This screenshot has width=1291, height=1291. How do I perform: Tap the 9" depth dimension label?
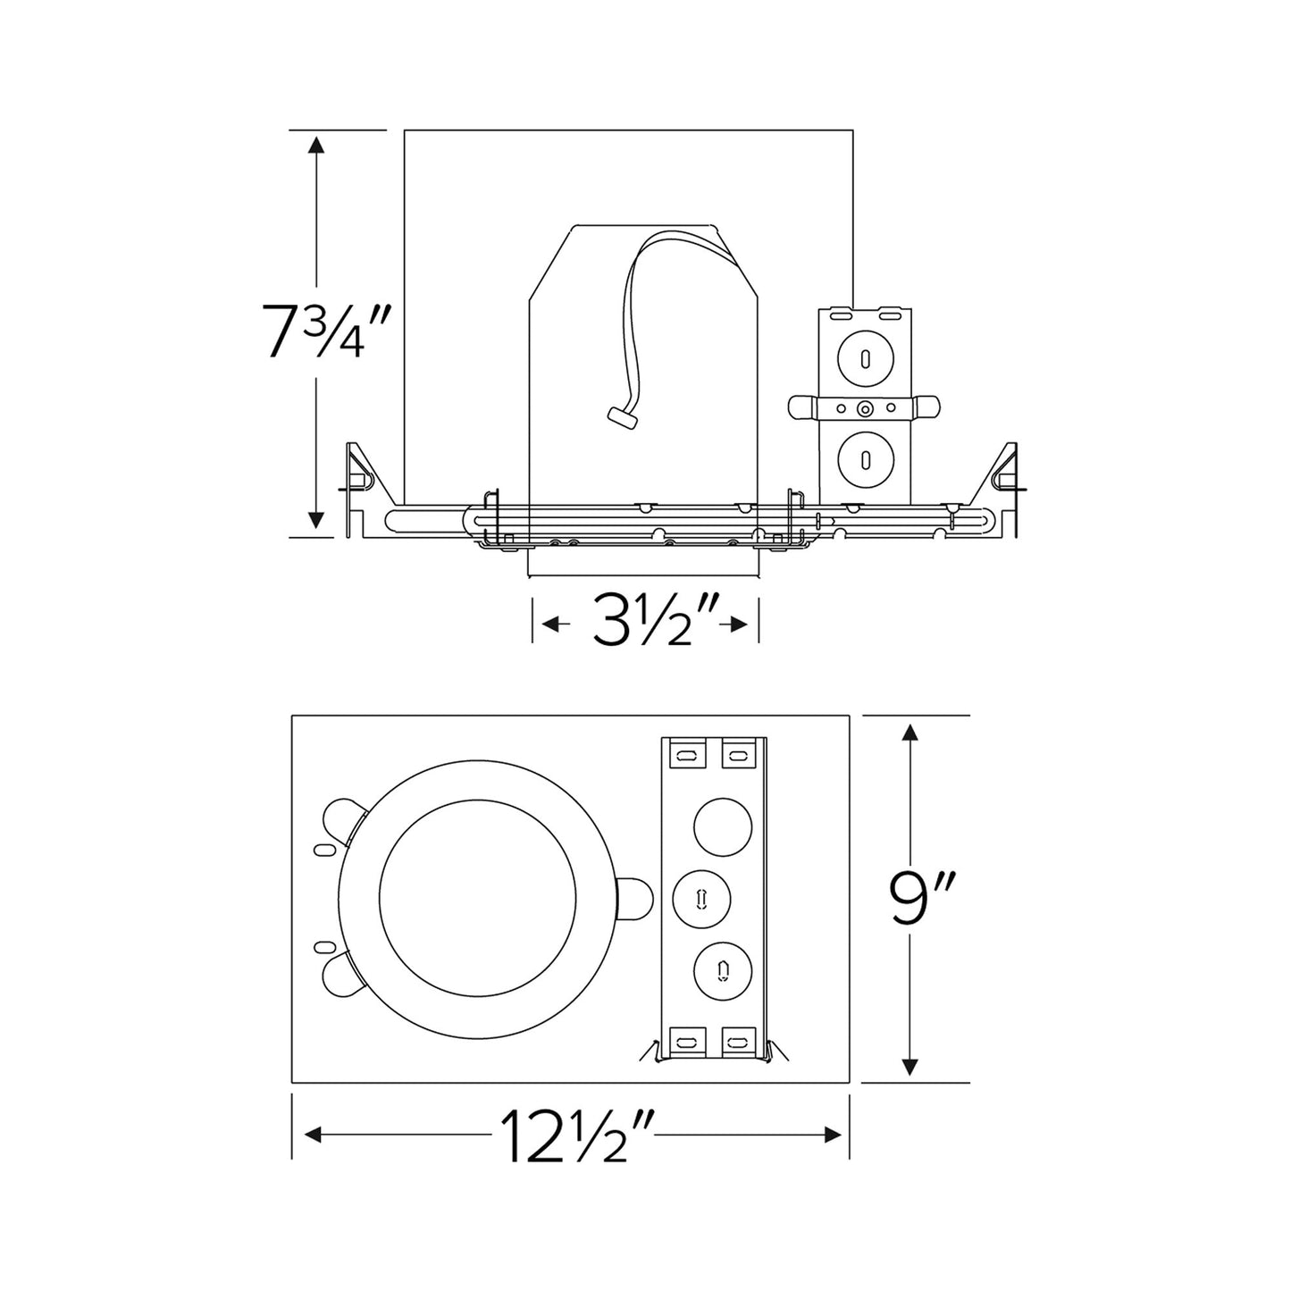click(x=910, y=903)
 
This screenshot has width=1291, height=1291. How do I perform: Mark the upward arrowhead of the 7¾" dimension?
click(x=315, y=146)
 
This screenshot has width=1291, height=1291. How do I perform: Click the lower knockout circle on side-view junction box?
click(x=864, y=458)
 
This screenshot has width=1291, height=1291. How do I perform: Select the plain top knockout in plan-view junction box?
click(x=722, y=825)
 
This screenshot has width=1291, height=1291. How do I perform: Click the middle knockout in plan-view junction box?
click(x=701, y=896)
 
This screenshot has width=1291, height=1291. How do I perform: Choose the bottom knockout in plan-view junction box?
click(x=722, y=968)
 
